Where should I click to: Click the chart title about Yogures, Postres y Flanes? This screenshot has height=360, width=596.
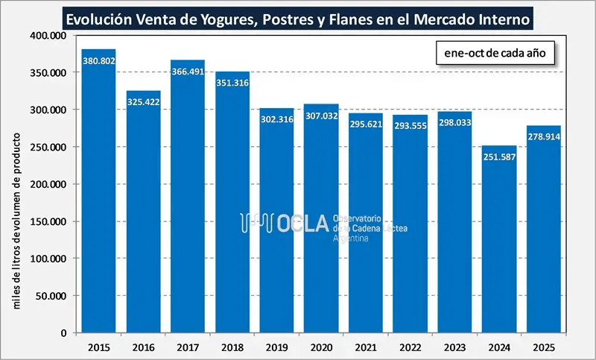[298, 16]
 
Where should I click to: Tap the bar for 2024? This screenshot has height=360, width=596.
[499, 246]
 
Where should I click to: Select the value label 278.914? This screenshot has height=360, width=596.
[543, 138]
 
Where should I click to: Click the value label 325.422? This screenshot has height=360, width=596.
[143, 104]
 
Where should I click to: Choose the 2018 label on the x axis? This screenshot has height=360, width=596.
[232, 347]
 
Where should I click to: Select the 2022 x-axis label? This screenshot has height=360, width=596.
[410, 347]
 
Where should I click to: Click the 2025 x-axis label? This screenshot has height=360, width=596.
[543, 347]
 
